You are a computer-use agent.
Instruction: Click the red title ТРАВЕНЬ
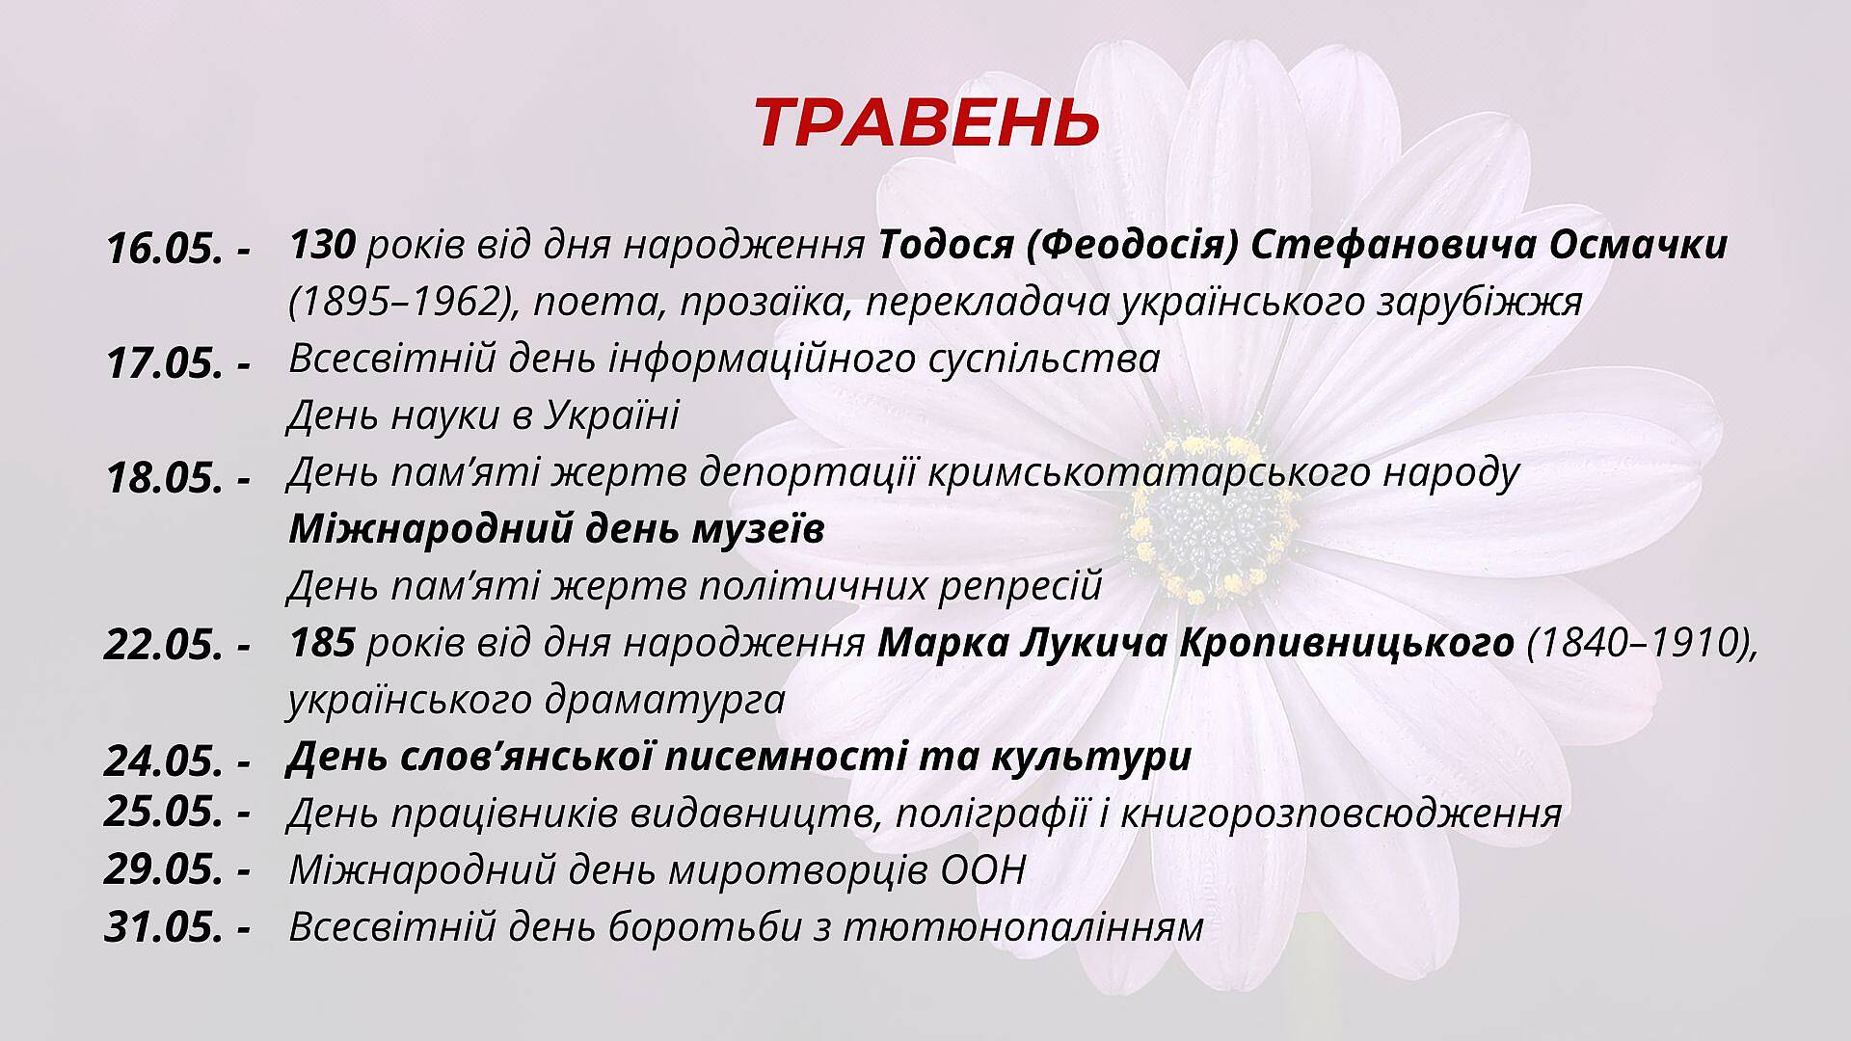tap(926, 123)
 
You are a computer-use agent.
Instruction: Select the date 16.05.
tap(165, 250)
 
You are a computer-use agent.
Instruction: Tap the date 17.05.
tap(165, 363)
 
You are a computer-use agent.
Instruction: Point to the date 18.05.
tap(165, 477)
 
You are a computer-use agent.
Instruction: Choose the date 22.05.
tap(165, 645)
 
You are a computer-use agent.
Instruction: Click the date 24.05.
tap(165, 761)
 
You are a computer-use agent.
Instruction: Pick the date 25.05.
tap(165, 812)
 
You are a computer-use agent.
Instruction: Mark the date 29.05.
tap(165, 869)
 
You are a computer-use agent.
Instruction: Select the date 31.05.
tap(165, 927)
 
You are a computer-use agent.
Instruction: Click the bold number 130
tap(323, 246)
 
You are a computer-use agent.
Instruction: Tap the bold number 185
tap(323, 643)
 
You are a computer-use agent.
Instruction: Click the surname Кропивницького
tap(1346, 644)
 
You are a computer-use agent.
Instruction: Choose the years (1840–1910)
tap(1643, 644)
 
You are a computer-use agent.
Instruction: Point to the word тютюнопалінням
tap(1024, 927)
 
